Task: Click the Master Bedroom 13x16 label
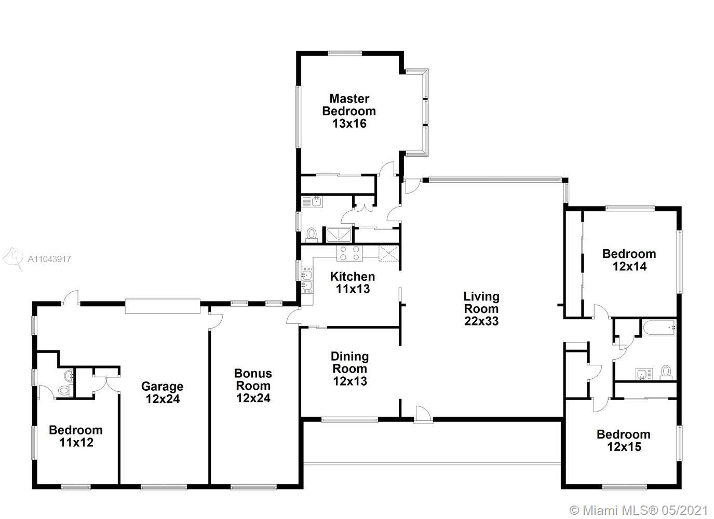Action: pos(349,111)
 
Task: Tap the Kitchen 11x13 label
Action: pos(353,283)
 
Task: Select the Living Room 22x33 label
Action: pos(481,308)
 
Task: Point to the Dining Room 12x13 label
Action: pos(349,368)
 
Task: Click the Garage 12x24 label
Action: pos(162,392)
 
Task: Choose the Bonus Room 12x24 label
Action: pos(253,386)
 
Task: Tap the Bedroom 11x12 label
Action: pos(76,436)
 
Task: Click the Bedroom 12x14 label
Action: pos(629,260)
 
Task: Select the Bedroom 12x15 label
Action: pos(624,440)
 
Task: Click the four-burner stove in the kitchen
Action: pos(349,253)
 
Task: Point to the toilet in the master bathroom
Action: pos(311,235)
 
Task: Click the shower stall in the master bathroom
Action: pos(339,235)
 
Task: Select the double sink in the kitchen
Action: pos(307,280)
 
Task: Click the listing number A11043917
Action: pos(49,259)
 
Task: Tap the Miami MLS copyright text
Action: pos(639,510)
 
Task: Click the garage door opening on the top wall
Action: pos(163,306)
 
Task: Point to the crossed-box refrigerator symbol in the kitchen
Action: pos(388,253)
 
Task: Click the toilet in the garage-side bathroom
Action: pos(65,390)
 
